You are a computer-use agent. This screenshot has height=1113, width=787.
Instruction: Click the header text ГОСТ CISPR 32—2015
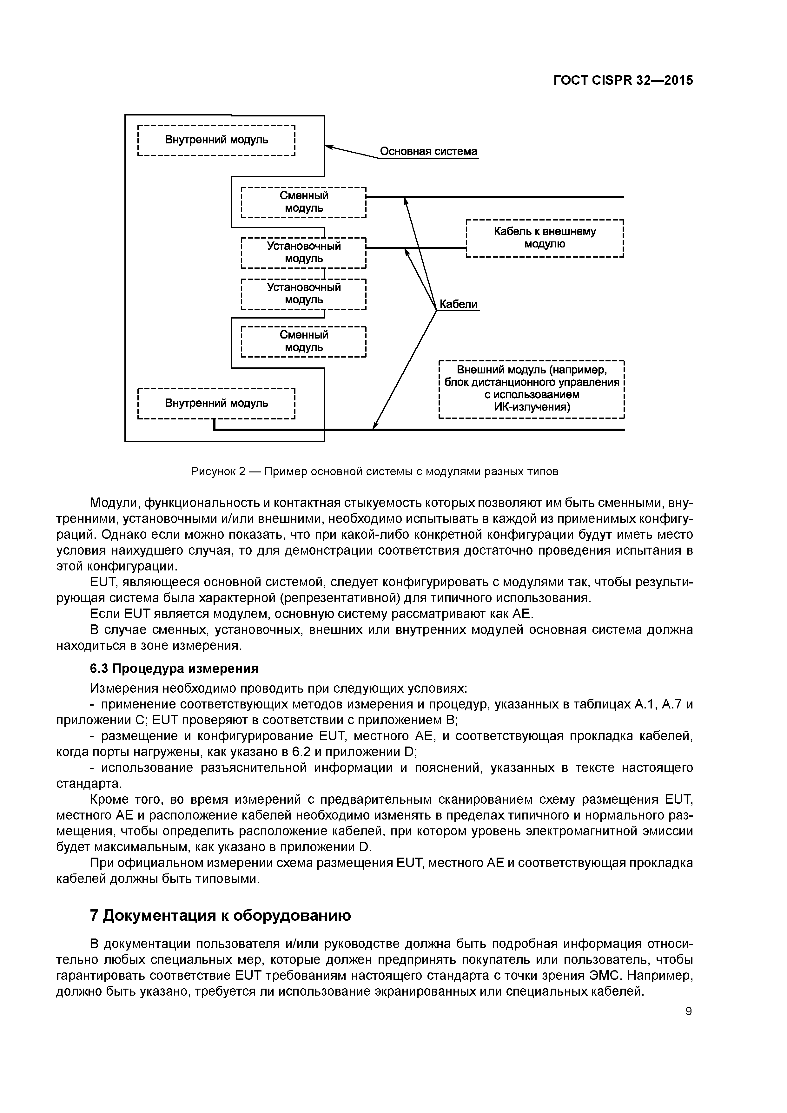[623, 81]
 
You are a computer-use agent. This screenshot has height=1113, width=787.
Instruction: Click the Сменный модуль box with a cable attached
[304, 202]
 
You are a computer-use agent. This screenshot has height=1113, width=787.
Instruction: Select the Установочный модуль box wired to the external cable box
[304, 252]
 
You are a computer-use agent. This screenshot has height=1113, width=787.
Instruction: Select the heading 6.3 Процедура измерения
[174, 668]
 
